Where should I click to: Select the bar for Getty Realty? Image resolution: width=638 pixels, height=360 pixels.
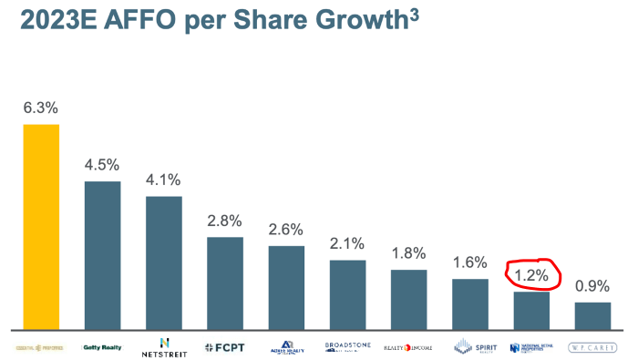[102, 254]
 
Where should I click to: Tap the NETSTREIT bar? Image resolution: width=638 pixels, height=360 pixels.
[164, 262]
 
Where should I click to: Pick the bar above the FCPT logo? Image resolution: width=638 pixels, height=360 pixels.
[225, 283]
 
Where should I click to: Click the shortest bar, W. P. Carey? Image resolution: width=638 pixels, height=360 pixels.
[592, 315]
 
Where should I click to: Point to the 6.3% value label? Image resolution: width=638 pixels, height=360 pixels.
[41, 108]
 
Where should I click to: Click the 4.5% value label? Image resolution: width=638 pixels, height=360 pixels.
[102, 165]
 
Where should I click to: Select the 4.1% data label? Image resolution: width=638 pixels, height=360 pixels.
[164, 180]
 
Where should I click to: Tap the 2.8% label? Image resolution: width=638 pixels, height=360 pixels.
[225, 221]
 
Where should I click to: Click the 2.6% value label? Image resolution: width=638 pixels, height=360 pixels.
[286, 230]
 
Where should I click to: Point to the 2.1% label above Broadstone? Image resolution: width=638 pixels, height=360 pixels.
[347, 243]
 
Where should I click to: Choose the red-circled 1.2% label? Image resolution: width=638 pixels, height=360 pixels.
[531, 273]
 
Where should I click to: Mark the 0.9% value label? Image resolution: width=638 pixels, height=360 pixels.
[592, 286]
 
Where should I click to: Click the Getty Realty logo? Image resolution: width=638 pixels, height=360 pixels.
[102, 346]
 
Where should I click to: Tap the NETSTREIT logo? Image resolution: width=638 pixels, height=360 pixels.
[164, 346]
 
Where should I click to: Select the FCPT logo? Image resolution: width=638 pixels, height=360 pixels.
[225, 347]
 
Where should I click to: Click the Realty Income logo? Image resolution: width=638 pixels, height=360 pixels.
[408, 347]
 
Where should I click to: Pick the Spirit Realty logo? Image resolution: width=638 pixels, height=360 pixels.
[470, 347]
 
